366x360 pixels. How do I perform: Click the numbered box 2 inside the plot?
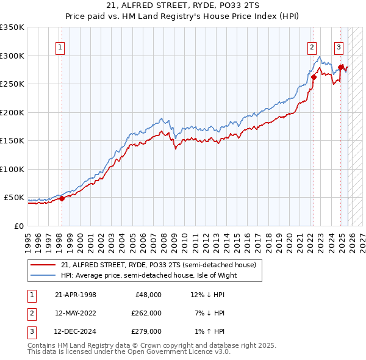312,47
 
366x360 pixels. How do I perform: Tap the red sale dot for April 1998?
62,198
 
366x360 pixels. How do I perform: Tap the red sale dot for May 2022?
314,77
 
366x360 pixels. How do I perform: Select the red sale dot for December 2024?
340,67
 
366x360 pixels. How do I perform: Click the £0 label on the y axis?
18,226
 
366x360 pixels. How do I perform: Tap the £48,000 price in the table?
148,295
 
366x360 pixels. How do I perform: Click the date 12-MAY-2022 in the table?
75,313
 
